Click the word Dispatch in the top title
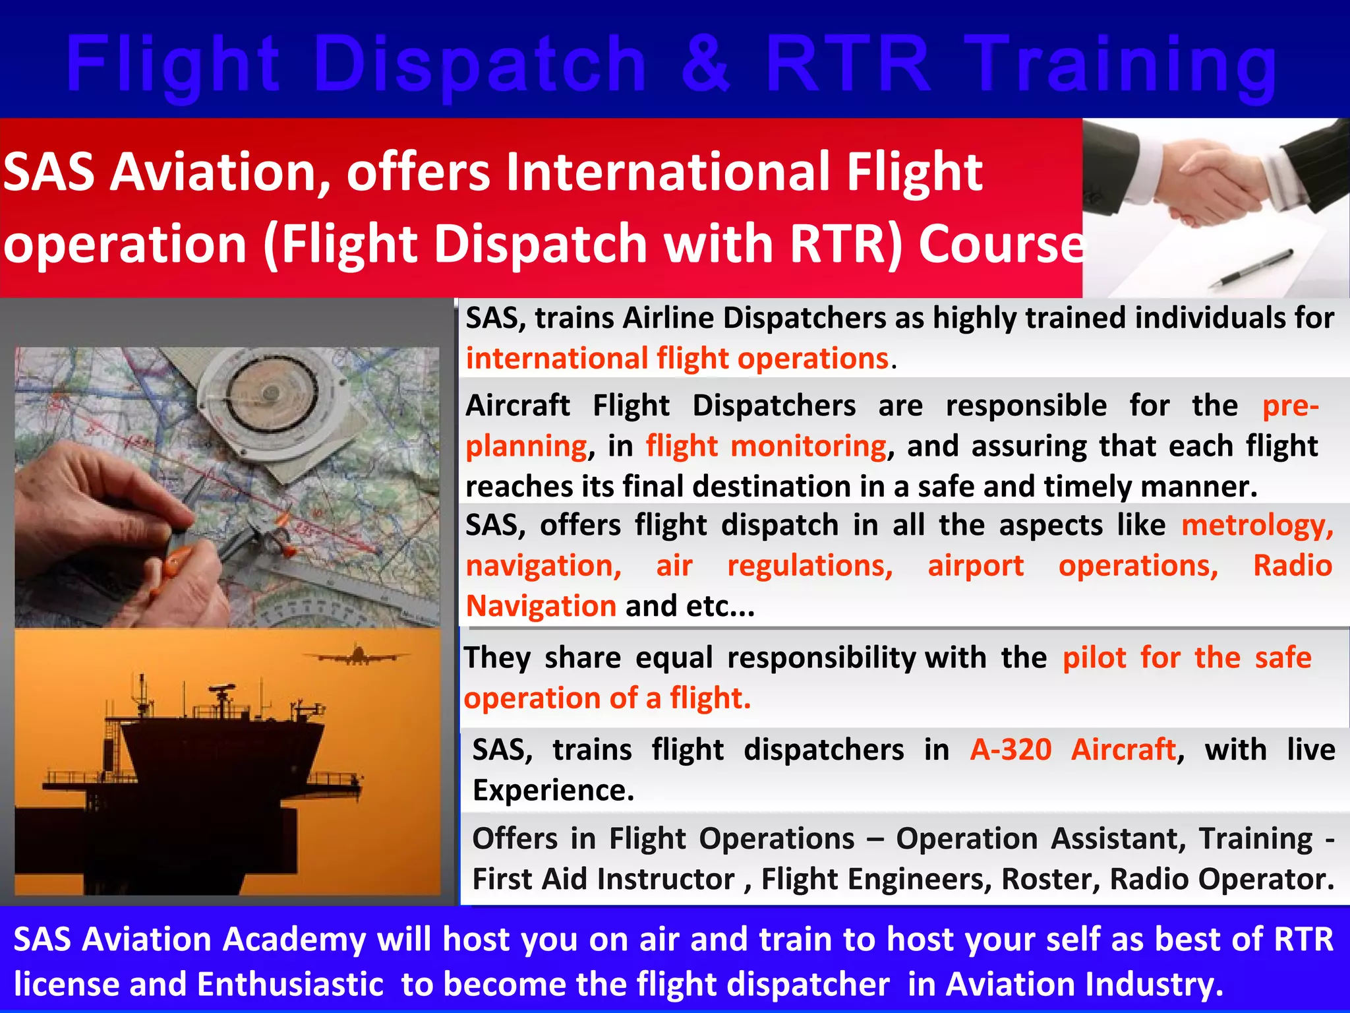(480, 65)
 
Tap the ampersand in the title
(705, 65)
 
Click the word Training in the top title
(1121, 65)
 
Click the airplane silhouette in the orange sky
(356, 656)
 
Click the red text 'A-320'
(1010, 750)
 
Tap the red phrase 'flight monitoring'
(766, 446)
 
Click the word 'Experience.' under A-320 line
(552, 790)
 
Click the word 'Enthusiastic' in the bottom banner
(290, 985)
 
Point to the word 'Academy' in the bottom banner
(294, 940)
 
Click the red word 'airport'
(976, 566)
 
